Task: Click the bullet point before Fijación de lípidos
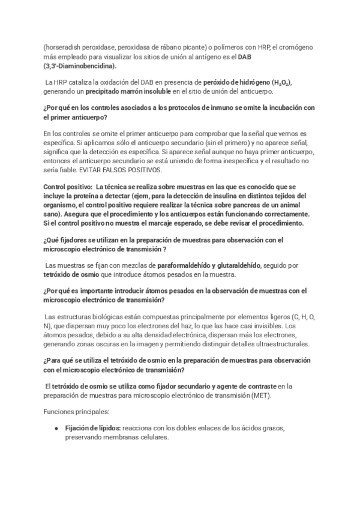[56, 429]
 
